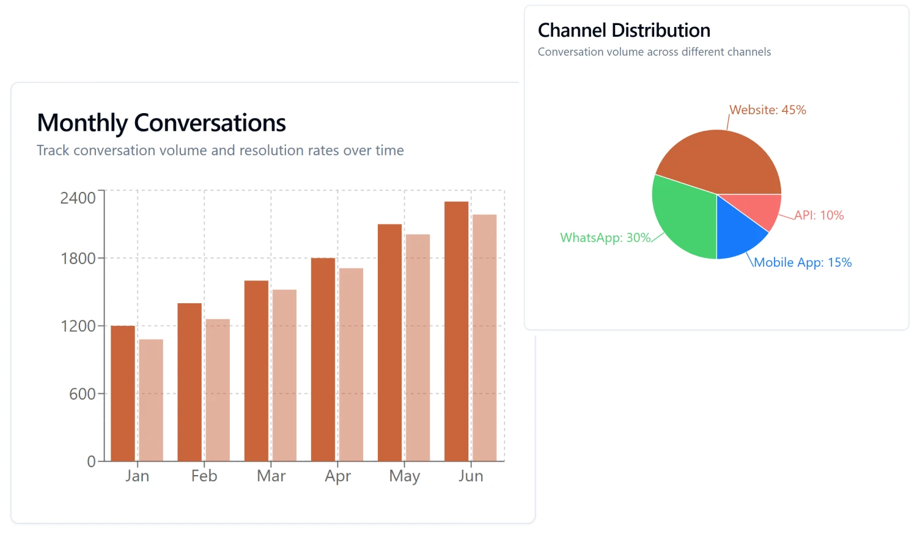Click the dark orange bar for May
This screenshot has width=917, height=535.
(389, 342)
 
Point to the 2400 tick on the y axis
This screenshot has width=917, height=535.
(78, 197)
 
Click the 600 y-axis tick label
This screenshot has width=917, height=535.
(82, 394)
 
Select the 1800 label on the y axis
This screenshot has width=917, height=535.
(78, 258)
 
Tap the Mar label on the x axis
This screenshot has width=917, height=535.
(271, 476)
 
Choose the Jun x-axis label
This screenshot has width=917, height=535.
(471, 476)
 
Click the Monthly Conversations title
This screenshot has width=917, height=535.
(161, 123)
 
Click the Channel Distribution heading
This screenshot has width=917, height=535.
(624, 31)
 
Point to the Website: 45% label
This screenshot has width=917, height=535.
(768, 110)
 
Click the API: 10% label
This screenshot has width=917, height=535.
(819, 215)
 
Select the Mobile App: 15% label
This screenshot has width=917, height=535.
(803, 262)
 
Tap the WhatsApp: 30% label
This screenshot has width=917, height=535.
(605, 238)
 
